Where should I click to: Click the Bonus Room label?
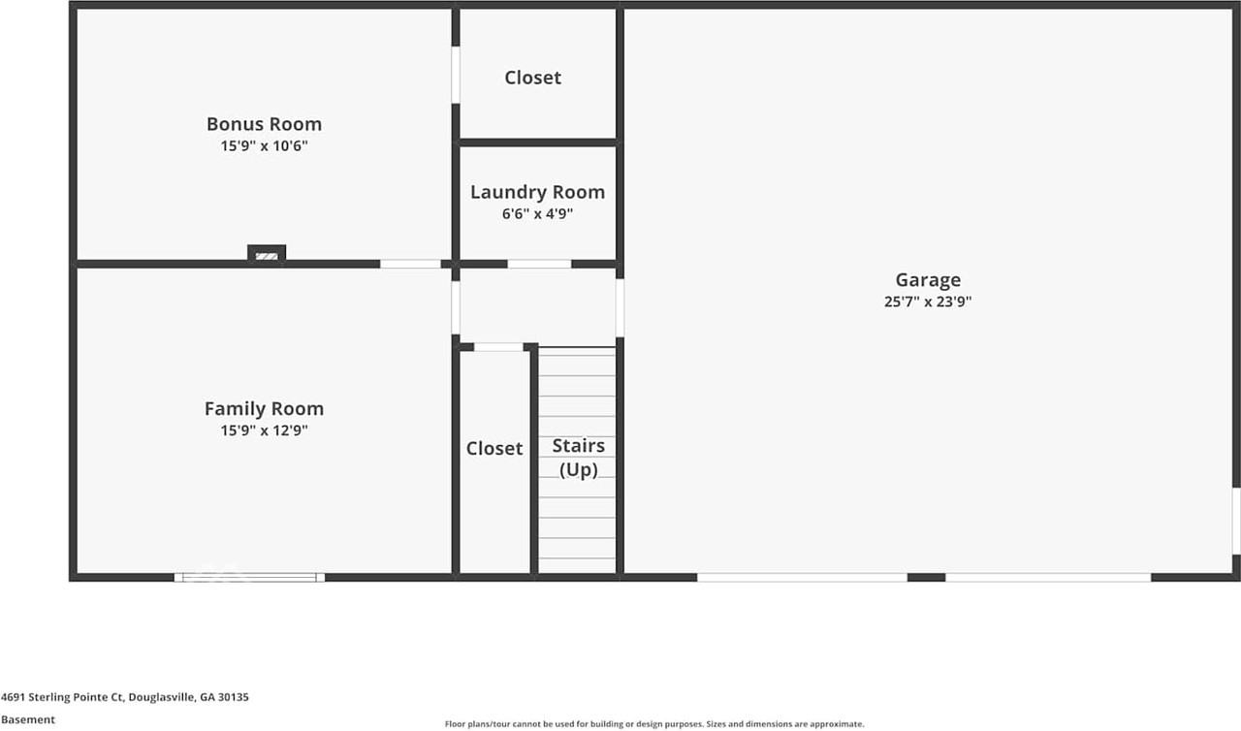(264, 124)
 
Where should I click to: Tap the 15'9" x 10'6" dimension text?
(264, 146)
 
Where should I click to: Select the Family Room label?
(264, 409)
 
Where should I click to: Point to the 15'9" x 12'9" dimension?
(264, 431)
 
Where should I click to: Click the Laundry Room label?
(537, 192)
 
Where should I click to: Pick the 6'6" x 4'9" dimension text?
(537, 214)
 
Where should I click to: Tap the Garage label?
(928, 280)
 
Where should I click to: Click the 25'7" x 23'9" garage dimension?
(928, 302)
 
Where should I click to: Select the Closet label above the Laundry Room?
(532, 78)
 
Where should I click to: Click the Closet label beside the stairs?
(494, 448)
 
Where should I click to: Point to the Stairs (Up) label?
(578, 458)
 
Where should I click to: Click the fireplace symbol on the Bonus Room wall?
(267, 254)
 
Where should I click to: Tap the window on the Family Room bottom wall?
(249, 577)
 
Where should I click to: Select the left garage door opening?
(802, 577)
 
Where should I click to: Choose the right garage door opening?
(1048, 577)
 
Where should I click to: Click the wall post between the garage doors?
(926, 577)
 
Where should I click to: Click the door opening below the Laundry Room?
(539, 264)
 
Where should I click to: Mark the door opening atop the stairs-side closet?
(498, 347)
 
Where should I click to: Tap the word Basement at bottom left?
(27, 719)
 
